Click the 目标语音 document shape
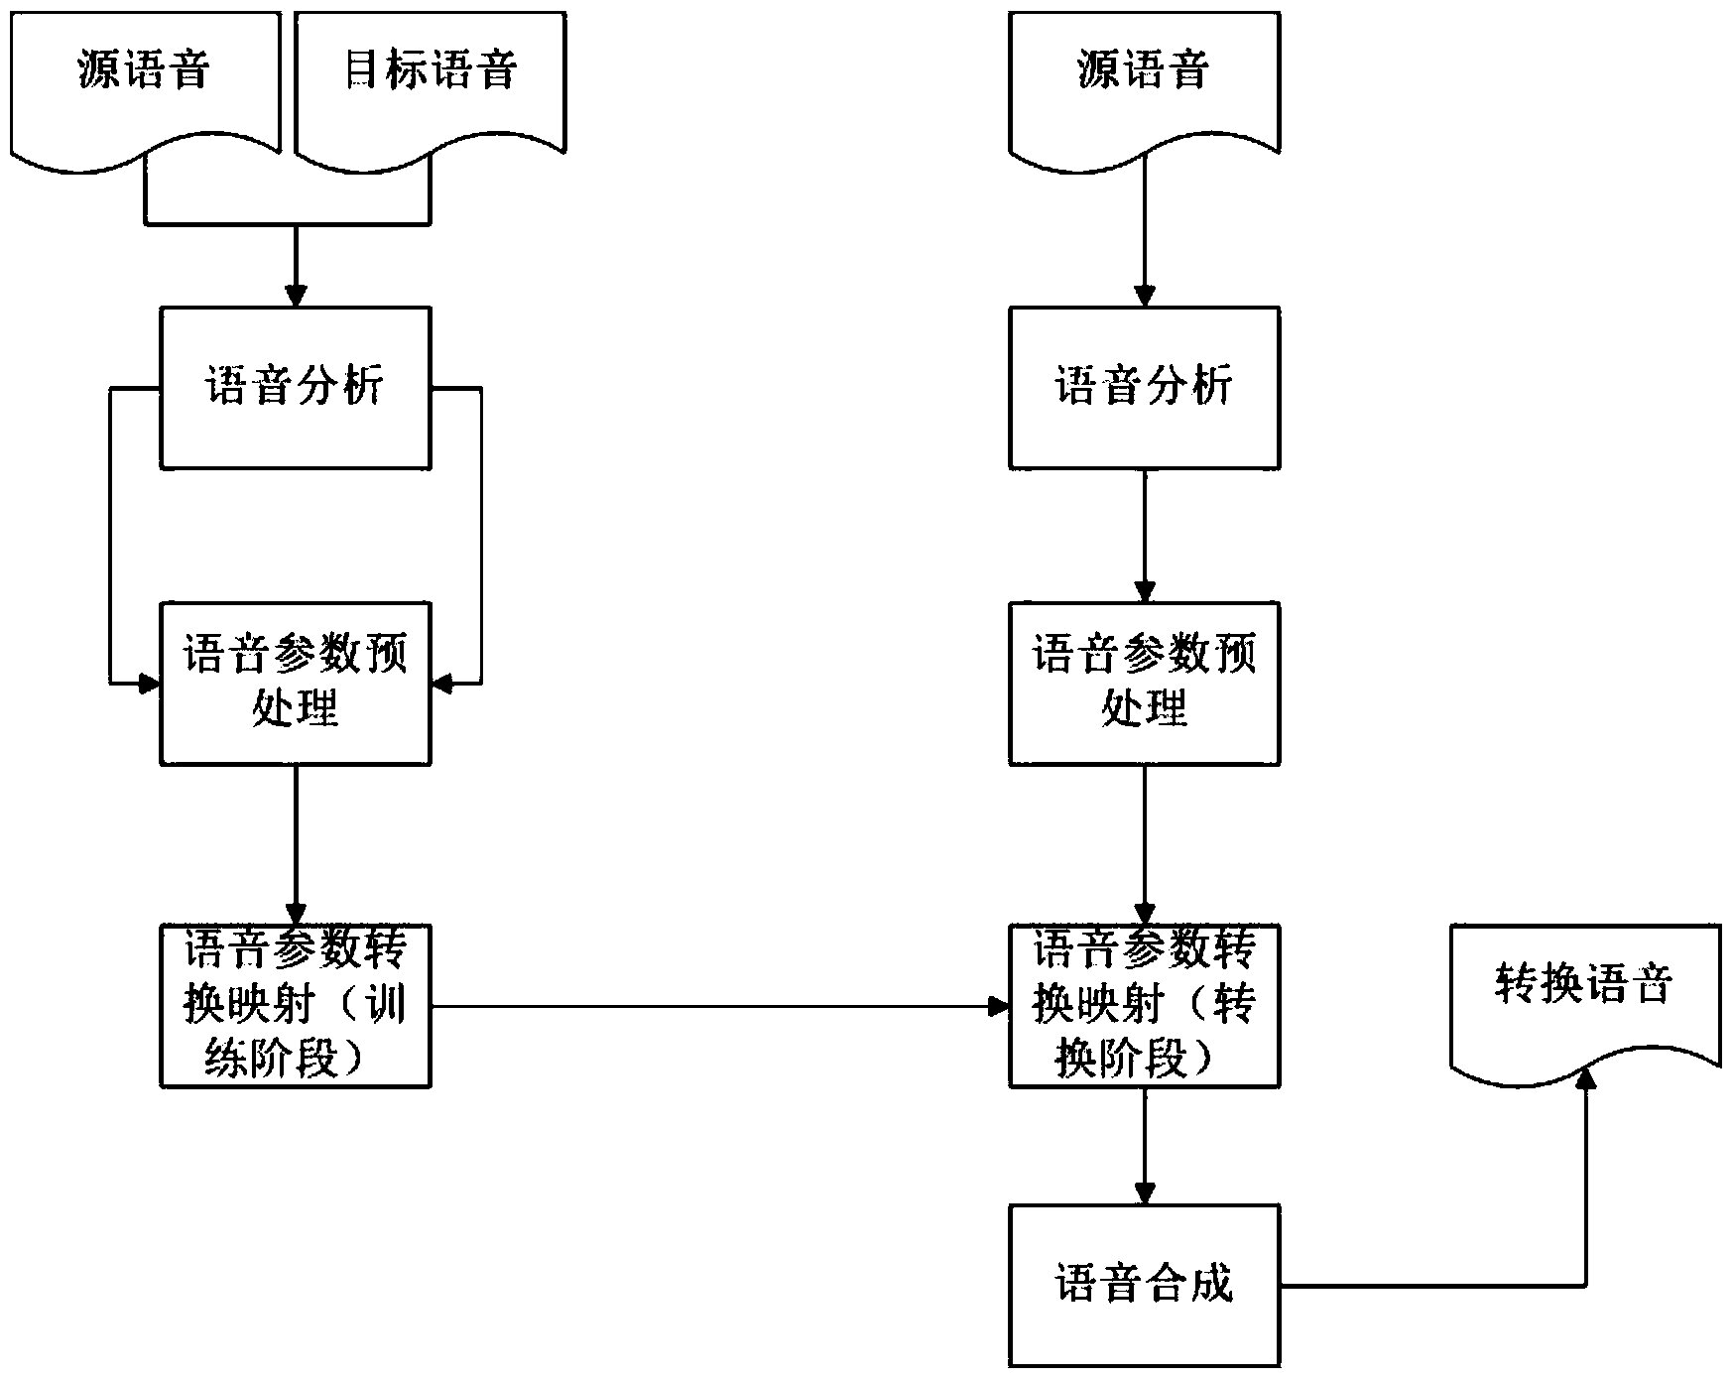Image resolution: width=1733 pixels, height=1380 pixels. tap(431, 74)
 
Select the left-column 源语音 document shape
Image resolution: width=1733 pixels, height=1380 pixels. tap(145, 74)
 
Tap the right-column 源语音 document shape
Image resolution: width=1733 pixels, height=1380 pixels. tap(1144, 74)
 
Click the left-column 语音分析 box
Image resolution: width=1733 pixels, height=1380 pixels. tap(296, 387)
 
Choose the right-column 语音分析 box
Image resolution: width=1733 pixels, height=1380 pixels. tap(1144, 387)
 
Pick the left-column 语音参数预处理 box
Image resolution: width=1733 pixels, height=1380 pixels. tap(296, 683)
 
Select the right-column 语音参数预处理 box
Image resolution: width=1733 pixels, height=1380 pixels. tap(1144, 683)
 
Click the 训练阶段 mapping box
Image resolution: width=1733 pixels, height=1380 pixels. tap(296, 1006)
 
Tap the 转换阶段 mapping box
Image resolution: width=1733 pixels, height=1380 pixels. tap(1144, 1006)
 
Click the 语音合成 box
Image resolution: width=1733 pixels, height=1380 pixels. tap(1144, 1286)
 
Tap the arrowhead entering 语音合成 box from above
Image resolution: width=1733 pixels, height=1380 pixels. tap(1145, 1192)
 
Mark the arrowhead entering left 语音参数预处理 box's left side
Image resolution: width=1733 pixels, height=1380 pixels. tap(149, 684)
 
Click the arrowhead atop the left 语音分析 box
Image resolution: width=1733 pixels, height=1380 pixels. tap(296, 296)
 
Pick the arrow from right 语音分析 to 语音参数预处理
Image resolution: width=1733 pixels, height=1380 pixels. tap(1145, 536)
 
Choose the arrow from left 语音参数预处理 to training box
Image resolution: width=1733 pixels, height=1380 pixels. tap(296, 843)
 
